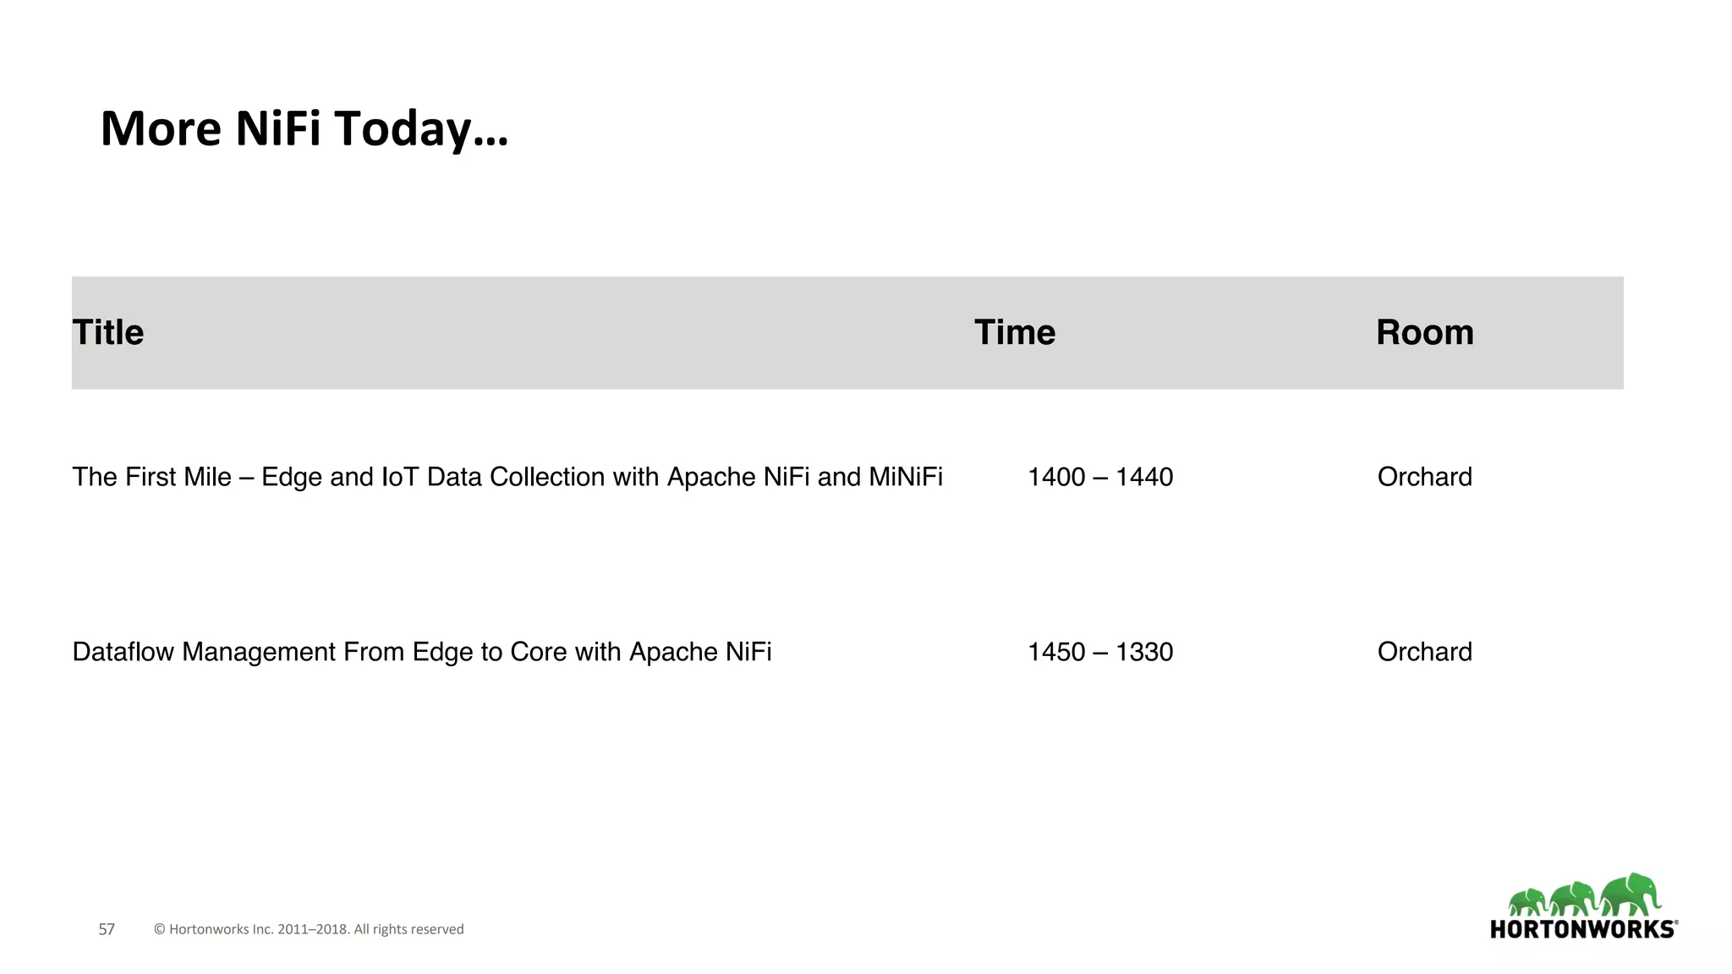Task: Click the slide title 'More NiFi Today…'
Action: pyautogui.click(x=304, y=129)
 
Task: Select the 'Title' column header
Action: pyautogui.click(x=108, y=332)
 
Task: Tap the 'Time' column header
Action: pyautogui.click(x=1014, y=332)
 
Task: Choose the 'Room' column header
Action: pyautogui.click(x=1424, y=332)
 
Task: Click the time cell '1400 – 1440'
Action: pyautogui.click(x=1099, y=477)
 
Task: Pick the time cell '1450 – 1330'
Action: pyautogui.click(x=1099, y=652)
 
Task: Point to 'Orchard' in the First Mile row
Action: pyautogui.click(x=1424, y=477)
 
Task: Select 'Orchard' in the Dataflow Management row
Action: pyautogui.click(x=1424, y=652)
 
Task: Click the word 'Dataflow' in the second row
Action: pyautogui.click(x=123, y=652)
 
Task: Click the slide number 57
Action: pyautogui.click(x=107, y=929)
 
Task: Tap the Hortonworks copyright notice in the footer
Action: pyautogui.click(x=309, y=929)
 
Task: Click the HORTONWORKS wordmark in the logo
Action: pyautogui.click(x=1583, y=929)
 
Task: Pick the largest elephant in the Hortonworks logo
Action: pyautogui.click(x=1631, y=895)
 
